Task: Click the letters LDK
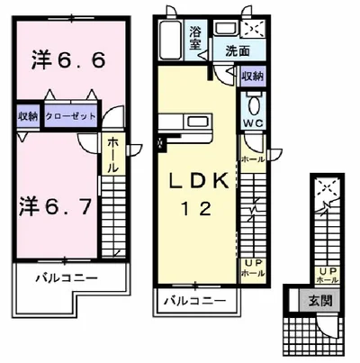click(196, 181)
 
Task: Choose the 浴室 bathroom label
click(197, 38)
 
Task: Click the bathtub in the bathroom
click(171, 41)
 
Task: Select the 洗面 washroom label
click(238, 52)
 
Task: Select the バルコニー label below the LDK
click(196, 300)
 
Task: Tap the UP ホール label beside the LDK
click(253, 267)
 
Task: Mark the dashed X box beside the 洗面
click(256, 28)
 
